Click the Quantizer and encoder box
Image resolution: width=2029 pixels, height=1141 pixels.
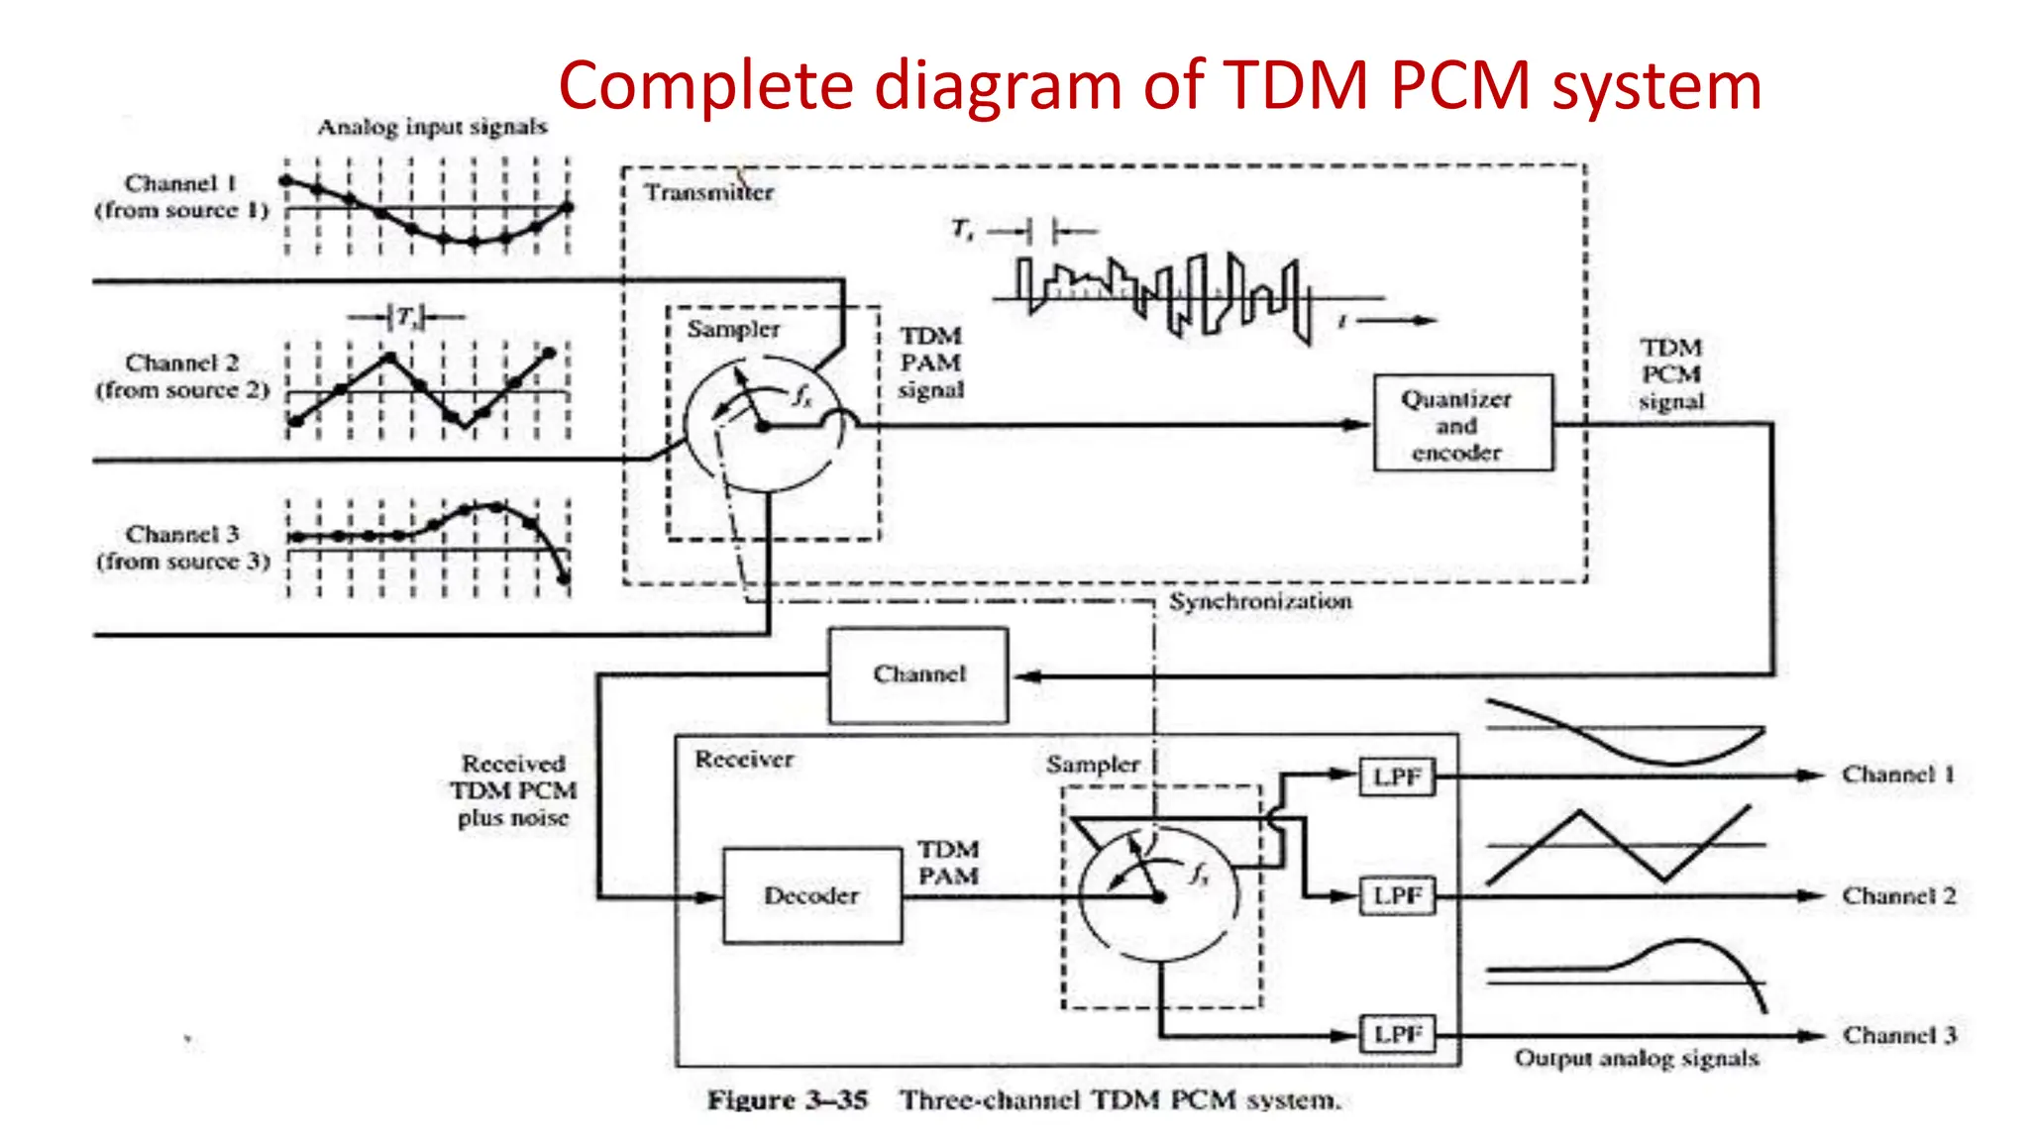pyautogui.click(x=1463, y=423)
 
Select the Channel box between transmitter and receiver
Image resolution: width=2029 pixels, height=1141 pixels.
pyautogui.click(x=918, y=675)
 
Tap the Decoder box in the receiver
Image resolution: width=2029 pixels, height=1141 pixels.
pyautogui.click(x=812, y=895)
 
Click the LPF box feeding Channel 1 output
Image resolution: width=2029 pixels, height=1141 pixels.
pyautogui.click(x=1397, y=776)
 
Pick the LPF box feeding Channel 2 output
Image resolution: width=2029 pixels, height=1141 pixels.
pyautogui.click(x=1397, y=896)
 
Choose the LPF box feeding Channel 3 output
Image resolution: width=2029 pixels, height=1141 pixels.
pyautogui.click(x=1397, y=1035)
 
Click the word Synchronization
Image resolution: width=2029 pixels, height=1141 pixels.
pyautogui.click(x=1260, y=601)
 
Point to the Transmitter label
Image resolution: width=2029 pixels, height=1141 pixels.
pyautogui.click(x=709, y=192)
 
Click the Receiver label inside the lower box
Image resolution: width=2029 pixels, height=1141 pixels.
pyautogui.click(x=744, y=760)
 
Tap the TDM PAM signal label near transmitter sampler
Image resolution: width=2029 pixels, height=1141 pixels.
pyautogui.click(x=930, y=363)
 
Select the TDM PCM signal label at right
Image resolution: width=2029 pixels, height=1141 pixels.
pyautogui.click(x=1671, y=374)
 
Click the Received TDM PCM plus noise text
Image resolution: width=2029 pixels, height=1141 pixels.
pyautogui.click(x=513, y=790)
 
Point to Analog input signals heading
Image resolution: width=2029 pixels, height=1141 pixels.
pyautogui.click(x=432, y=127)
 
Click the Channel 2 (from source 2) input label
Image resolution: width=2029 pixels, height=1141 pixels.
pyautogui.click(x=182, y=376)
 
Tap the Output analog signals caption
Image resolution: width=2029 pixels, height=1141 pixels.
pyautogui.click(x=1637, y=1059)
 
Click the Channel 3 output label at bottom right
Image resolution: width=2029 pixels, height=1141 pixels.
pyautogui.click(x=1899, y=1035)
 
